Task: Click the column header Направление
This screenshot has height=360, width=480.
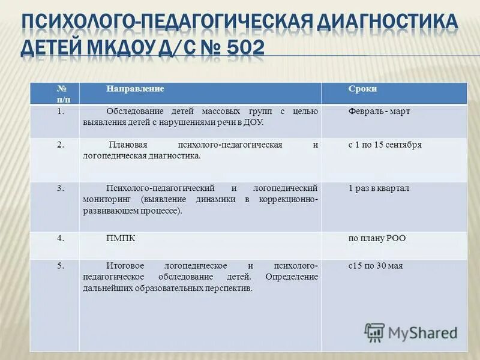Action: point(136,89)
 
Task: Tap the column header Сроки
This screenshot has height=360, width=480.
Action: point(362,89)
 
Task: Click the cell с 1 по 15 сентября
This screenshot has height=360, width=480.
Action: point(385,145)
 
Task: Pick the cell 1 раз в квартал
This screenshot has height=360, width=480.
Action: point(379,188)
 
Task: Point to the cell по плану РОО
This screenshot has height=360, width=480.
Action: point(377,238)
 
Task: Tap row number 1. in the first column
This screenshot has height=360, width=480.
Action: point(61,112)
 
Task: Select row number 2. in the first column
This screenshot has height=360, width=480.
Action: point(61,145)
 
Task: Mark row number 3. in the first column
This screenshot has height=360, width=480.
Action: point(61,188)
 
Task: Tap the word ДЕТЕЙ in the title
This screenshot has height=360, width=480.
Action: point(50,46)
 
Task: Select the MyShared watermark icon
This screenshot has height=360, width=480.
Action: point(374,332)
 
